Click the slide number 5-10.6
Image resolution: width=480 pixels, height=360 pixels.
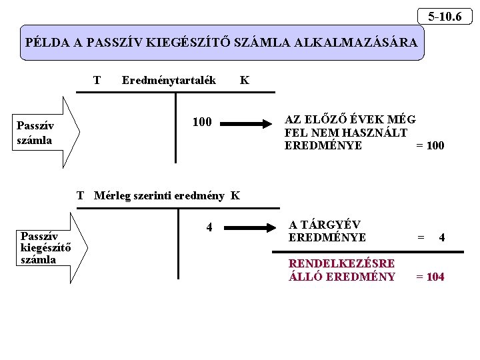(445, 16)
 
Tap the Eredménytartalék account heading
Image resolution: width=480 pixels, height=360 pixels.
(169, 81)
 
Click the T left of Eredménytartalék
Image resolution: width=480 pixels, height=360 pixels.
(97, 81)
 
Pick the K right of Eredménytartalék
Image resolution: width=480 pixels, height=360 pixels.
(245, 81)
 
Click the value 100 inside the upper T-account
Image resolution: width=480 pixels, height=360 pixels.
(202, 122)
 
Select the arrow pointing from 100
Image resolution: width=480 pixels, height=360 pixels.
(247, 123)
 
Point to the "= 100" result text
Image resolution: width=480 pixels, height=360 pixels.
(430, 145)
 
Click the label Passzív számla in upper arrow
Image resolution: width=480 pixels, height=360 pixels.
(35, 133)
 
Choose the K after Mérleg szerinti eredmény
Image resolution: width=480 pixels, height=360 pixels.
(235, 196)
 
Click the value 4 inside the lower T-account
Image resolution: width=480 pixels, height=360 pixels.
(209, 227)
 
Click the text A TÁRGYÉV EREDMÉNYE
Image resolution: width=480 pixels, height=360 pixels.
(327, 231)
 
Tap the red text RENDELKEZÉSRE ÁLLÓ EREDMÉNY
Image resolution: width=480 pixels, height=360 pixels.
(341, 270)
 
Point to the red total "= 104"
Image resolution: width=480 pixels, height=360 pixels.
(430, 277)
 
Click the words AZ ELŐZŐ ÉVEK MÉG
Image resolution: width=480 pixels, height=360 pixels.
(349, 120)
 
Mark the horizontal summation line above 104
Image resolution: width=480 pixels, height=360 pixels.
(367, 251)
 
